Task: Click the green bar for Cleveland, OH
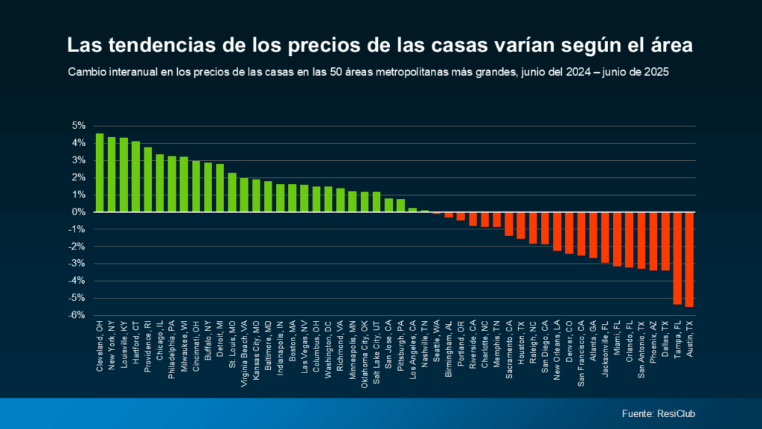(100, 173)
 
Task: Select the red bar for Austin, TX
(689, 259)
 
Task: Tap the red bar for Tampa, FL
(677, 258)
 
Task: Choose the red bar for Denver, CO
(569, 233)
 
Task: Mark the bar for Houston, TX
(521, 225)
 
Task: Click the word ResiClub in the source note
(677, 413)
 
